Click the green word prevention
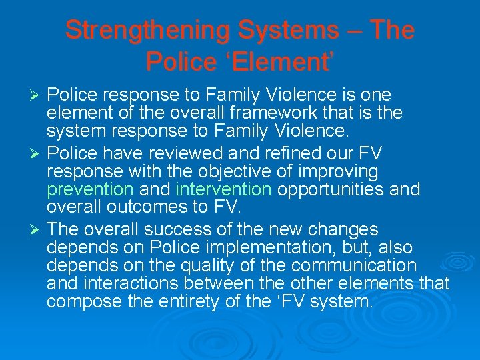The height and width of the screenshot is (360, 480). tap(90, 190)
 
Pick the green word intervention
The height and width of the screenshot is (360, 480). tap(223, 190)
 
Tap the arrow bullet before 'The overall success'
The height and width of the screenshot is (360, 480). tap(37, 231)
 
